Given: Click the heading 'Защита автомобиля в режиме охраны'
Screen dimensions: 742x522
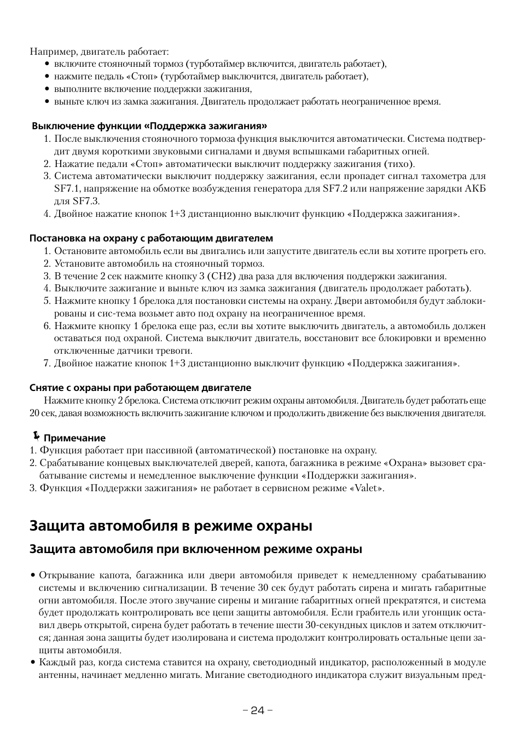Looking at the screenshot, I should (171, 526).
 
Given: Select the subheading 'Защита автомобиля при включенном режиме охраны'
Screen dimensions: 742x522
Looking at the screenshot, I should (195, 549).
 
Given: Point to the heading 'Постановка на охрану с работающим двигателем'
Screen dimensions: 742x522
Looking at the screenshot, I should (151, 238).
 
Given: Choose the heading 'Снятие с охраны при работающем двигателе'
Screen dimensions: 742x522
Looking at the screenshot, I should (140, 388).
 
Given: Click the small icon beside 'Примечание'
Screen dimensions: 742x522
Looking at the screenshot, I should (36, 436).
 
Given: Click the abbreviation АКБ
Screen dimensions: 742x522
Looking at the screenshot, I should (474, 189).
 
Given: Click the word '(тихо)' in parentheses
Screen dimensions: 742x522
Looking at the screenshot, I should (399, 164).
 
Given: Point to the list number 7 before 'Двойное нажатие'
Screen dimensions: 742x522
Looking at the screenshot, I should (47, 363).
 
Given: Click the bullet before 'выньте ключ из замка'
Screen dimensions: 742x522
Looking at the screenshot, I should (47, 102).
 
